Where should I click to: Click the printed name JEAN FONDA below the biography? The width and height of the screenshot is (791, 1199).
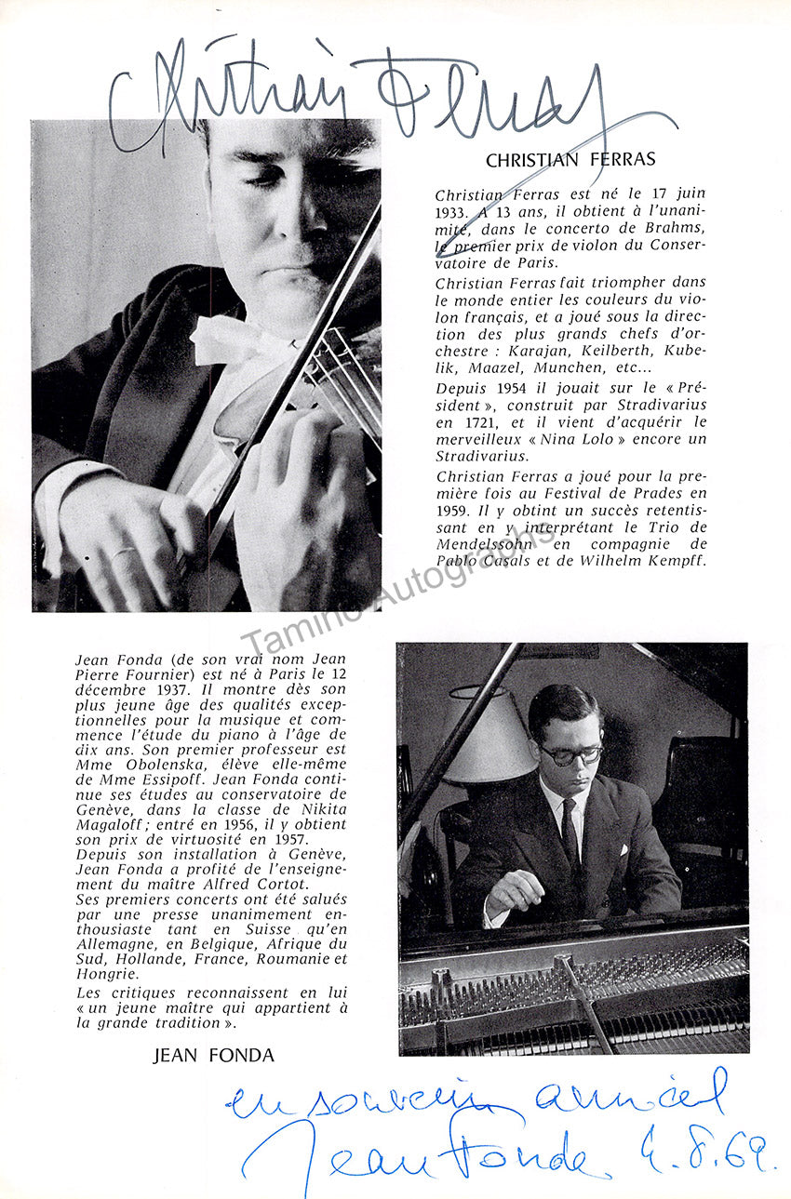pos(213,1056)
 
